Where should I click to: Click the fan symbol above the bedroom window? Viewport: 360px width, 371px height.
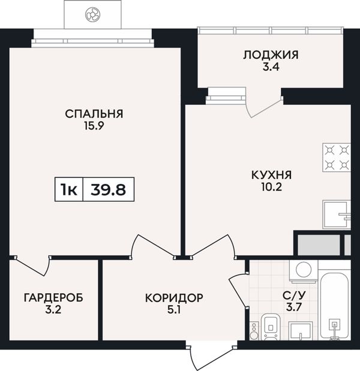click(92, 14)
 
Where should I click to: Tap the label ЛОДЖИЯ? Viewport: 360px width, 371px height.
click(271, 55)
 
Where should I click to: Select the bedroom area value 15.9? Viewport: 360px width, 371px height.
click(94, 126)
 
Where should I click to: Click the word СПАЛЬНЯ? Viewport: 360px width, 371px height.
click(94, 114)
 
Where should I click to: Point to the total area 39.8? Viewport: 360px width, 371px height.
click(108, 189)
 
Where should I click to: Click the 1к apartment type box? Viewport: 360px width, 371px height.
click(69, 189)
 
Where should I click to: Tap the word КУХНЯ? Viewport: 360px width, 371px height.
click(271, 175)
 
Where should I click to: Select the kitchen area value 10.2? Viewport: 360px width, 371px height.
click(271, 187)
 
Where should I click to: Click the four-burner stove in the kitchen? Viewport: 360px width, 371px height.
click(337, 158)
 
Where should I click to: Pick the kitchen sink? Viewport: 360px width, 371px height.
click(337, 215)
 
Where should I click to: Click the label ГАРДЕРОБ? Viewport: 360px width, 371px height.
click(53, 298)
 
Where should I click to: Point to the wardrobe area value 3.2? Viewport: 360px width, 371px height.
click(53, 310)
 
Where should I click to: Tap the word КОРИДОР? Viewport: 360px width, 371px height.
click(174, 298)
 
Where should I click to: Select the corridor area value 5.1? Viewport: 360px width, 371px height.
click(174, 310)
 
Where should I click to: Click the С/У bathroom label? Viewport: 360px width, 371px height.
click(294, 295)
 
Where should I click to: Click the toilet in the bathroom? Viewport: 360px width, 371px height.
click(271, 327)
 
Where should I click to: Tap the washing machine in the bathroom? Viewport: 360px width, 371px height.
click(304, 272)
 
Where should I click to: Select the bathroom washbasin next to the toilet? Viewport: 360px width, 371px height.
click(301, 331)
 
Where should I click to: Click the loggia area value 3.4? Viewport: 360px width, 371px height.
click(271, 67)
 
